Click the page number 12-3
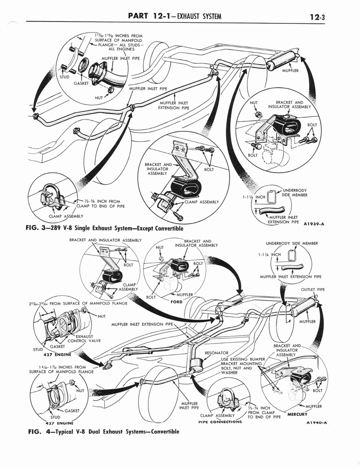point(317,17)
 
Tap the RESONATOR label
point(216,353)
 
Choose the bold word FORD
point(176,302)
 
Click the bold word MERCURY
point(297,414)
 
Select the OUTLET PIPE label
point(313,289)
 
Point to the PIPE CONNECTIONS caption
point(220,422)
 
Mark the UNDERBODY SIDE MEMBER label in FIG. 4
point(292,243)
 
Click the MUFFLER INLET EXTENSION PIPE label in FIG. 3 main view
point(173,105)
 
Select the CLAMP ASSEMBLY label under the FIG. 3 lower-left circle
point(65,216)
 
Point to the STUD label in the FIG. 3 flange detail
point(65,77)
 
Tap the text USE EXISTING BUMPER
point(243,359)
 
